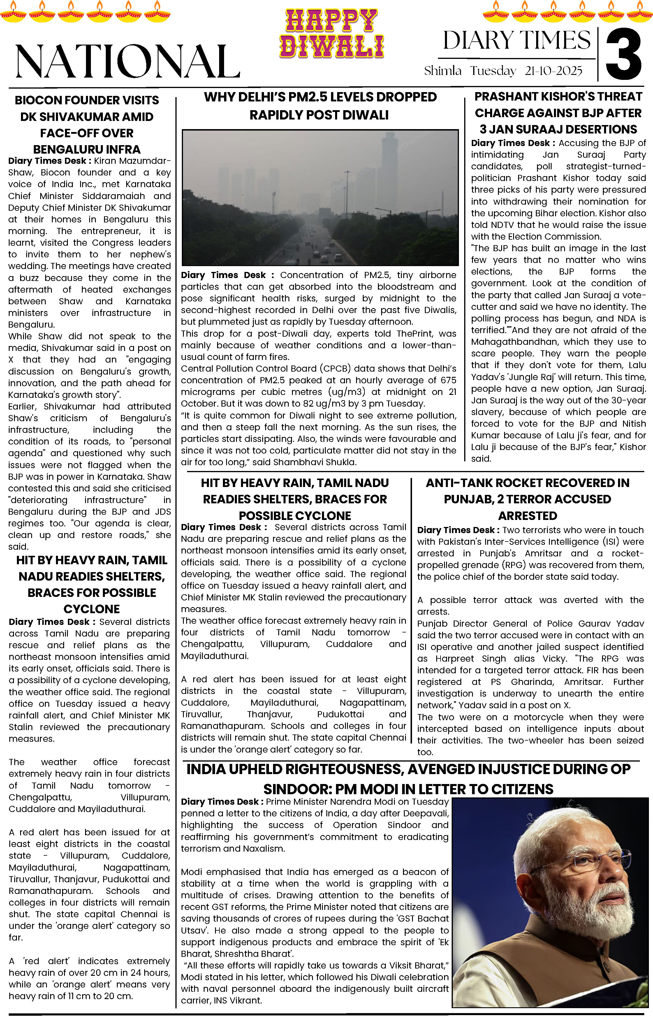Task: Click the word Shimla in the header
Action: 443,71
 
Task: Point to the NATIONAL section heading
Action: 127,61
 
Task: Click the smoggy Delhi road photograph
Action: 320,198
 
